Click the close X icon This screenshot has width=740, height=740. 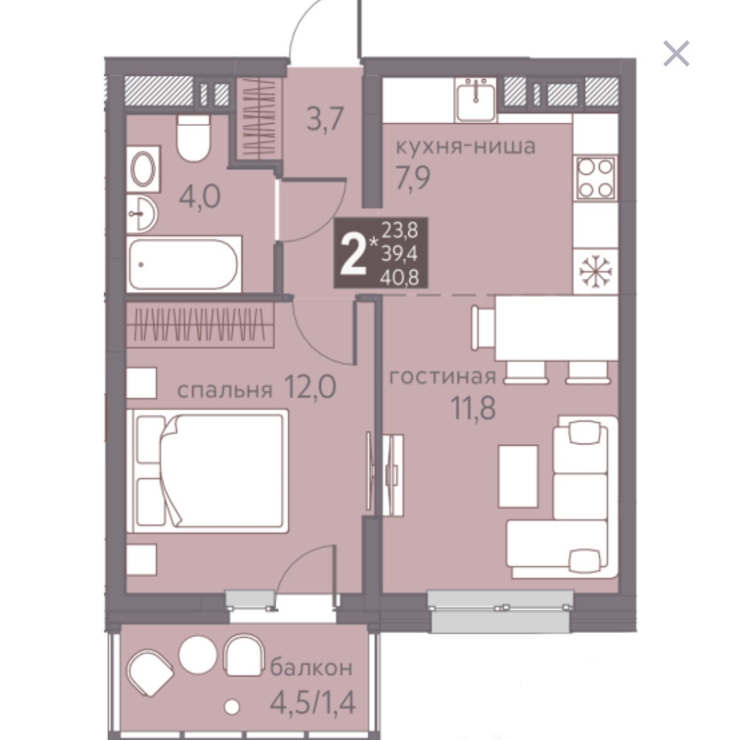click(x=676, y=53)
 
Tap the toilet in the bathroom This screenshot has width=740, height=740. click(x=193, y=137)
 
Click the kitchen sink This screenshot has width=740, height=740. click(x=476, y=99)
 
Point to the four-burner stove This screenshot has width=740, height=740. click(x=595, y=177)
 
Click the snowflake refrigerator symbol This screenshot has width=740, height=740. click(x=595, y=272)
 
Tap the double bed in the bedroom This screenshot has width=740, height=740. click(x=207, y=471)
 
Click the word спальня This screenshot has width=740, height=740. click(x=225, y=390)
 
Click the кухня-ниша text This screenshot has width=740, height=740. click(x=466, y=147)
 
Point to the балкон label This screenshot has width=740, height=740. click(x=311, y=667)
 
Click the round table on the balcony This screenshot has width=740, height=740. click(x=198, y=655)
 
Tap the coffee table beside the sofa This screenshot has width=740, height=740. click(x=519, y=476)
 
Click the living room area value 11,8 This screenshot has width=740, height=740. click(x=473, y=408)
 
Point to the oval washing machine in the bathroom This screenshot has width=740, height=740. click(x=143, y=169)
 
